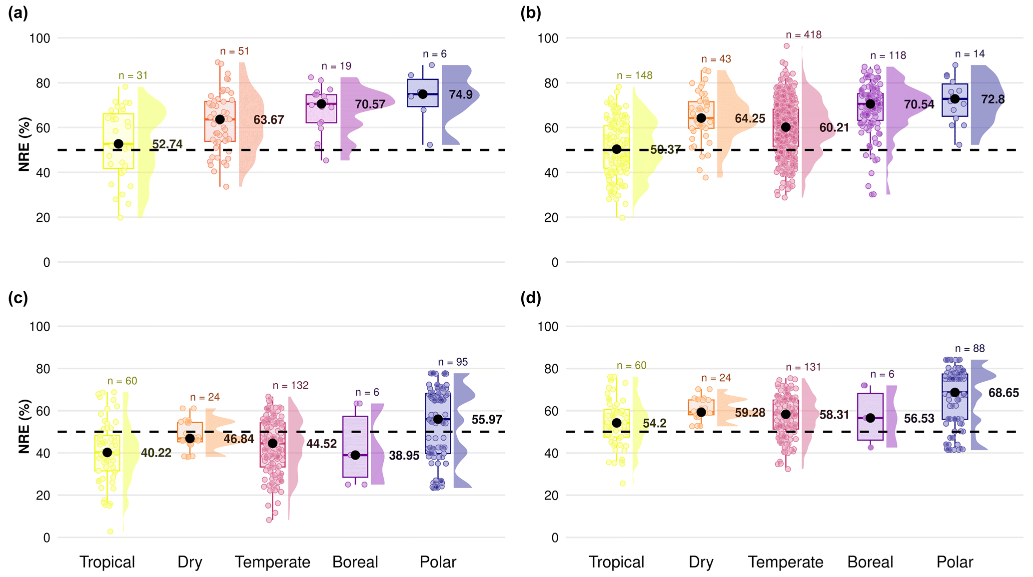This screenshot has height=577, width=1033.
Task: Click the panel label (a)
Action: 18,13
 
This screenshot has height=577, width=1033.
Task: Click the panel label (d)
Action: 531,298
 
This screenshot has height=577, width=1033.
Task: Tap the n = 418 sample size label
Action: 804,35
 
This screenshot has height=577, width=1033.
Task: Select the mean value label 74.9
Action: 461,94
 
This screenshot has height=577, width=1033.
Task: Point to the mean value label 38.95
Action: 404,456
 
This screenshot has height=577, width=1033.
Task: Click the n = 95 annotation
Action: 453,362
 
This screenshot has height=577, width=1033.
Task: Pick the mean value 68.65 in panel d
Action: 1004,393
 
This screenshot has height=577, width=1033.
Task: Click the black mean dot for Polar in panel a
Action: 423,94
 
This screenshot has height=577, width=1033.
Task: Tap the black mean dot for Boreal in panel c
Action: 355,455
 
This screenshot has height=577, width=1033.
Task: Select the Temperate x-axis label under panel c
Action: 272,562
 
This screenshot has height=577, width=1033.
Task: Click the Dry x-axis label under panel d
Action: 701,562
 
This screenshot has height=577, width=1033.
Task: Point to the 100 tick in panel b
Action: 548,38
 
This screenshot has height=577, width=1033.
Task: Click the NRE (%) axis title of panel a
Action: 24,144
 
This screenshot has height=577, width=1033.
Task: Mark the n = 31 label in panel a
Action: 133,75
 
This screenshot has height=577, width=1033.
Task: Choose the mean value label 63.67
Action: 268,120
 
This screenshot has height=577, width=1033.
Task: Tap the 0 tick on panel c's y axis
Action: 46,538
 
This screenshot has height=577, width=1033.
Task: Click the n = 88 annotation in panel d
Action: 970,349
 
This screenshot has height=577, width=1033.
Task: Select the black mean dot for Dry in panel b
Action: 701,118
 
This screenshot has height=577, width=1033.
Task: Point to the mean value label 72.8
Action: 993,99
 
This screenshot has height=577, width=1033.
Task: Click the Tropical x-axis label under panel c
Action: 107,562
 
